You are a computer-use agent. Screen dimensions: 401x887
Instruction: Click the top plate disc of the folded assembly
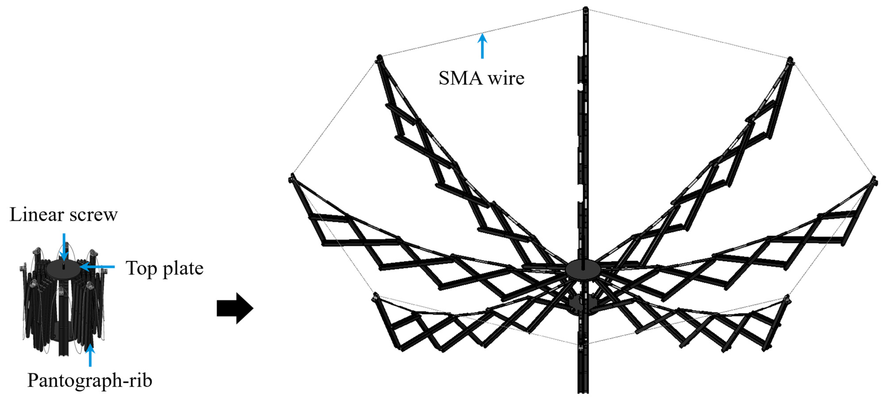[64, 268]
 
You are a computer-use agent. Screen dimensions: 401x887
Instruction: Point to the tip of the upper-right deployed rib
[790, 60]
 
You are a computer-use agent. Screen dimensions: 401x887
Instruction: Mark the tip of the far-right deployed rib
[874, 179]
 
